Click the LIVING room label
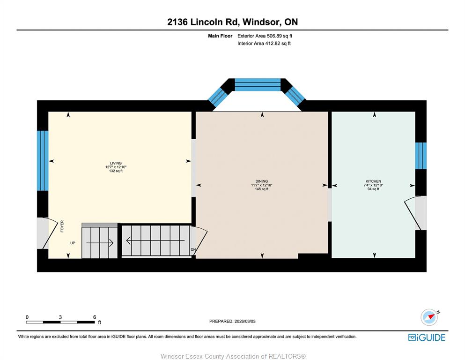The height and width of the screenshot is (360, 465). (116, 163)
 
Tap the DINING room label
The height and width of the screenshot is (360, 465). (262, 181)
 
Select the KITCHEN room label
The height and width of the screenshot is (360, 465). (373, 181)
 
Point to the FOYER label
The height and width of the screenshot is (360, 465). (62, 226)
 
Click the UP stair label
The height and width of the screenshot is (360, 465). (73, 243)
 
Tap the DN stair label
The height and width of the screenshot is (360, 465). (193, 250)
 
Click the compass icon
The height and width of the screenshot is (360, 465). (429, 317)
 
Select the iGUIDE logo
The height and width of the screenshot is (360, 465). (427, 338)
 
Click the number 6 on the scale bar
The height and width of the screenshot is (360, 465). (95, 317)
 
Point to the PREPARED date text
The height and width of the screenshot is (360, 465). (232, 321)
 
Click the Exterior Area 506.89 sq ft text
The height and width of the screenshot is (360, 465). (265, 36)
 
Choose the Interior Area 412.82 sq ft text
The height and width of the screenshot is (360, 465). (264, 43)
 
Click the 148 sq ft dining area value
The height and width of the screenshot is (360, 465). (262, 189)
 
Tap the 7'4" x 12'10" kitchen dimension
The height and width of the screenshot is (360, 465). (373, 185)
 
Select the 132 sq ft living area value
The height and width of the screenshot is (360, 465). (116, 171)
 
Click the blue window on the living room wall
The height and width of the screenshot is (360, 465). (43, 161)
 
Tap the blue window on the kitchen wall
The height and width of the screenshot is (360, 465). (421, 156)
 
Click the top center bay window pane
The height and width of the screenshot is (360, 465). (258, 84)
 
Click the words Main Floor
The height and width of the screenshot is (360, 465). (220, 36)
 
